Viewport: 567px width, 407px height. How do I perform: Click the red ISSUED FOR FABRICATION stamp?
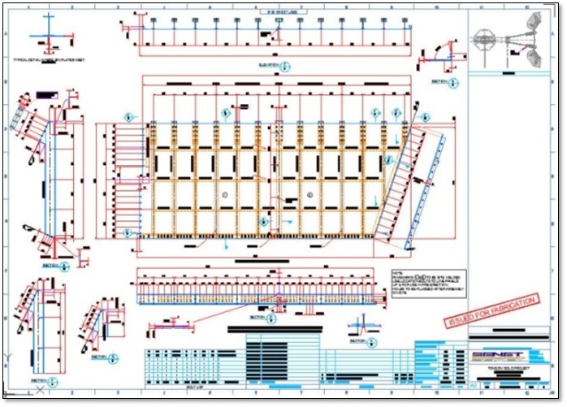pos(491,311)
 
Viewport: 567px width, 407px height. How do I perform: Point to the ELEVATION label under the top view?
pos(269,63)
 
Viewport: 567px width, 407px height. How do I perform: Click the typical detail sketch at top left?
pos(49,35)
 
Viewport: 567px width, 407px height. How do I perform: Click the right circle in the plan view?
pos(311,195)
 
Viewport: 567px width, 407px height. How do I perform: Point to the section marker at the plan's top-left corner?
pos(128,117)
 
